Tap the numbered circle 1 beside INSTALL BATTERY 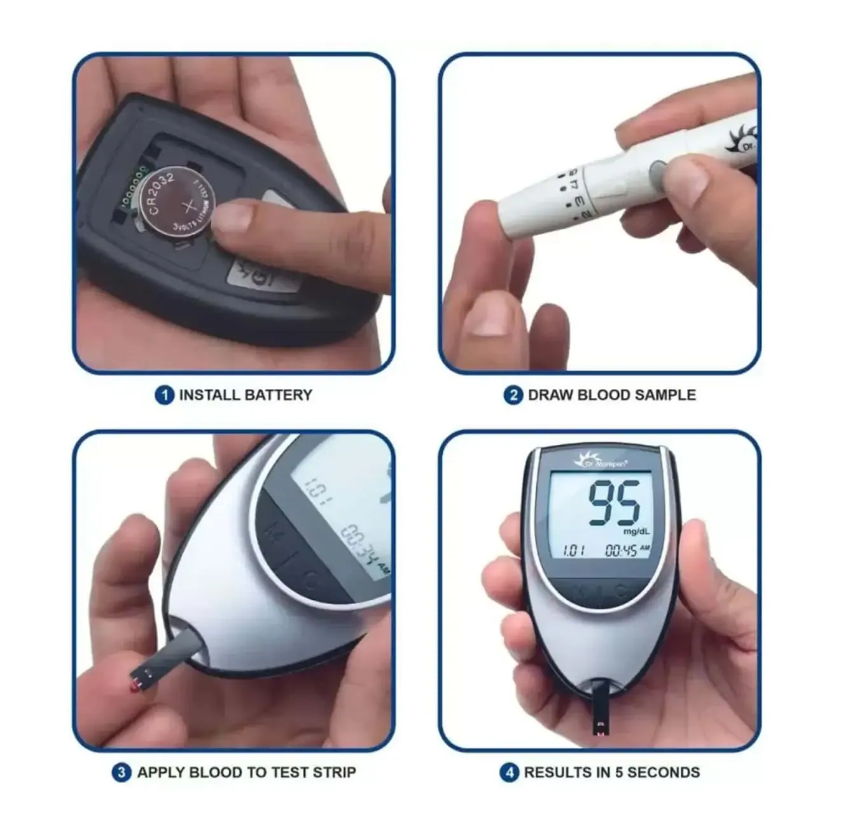click(164, 395)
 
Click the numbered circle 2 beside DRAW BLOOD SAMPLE click(513, 395)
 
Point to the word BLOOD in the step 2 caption click(604, 395)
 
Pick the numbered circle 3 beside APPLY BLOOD click(122, 773)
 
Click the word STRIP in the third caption click(334, 773)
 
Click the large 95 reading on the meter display click(613, 503)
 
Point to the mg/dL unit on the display click(636, 531)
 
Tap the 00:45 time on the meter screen click(621, 550)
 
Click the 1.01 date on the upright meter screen click(574, 550)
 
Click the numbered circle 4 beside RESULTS click(509, 773)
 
